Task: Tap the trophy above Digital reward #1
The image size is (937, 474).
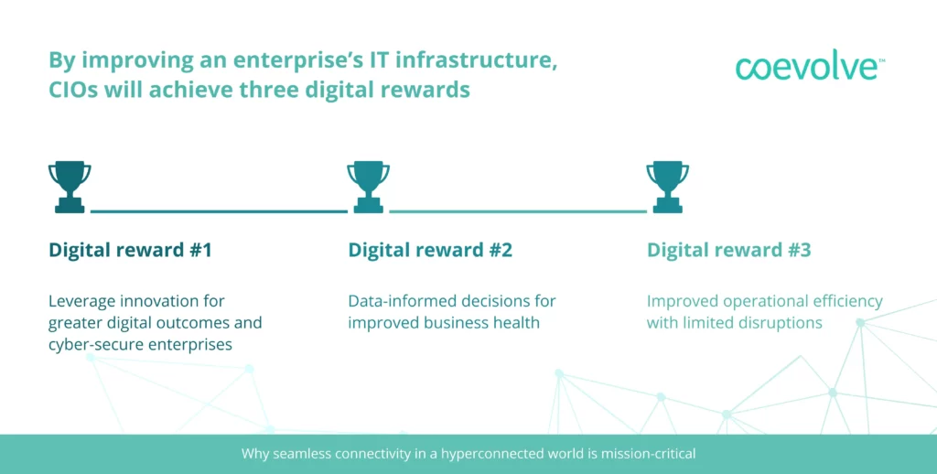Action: pyautogui.click(x=70, y=187)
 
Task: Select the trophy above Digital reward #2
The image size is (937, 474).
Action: pyautogui.click(x=368, y=187)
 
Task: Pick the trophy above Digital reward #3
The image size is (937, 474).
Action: pyautogui.click(x=667, y=187)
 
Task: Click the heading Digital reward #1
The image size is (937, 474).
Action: pyautogui.click(x=130, y=250)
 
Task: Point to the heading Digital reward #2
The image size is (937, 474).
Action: pyautogui.click(x=430, y=250)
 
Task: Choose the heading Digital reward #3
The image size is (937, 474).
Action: pyautogui.click(x=729, y=250)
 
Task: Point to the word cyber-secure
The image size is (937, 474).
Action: pyautogui.click(x=89, y=345)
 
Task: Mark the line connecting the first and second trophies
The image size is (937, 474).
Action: pyautogui.click(x=219, y=211)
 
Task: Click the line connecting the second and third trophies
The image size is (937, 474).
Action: pyautogui.click(x=518, y=211)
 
